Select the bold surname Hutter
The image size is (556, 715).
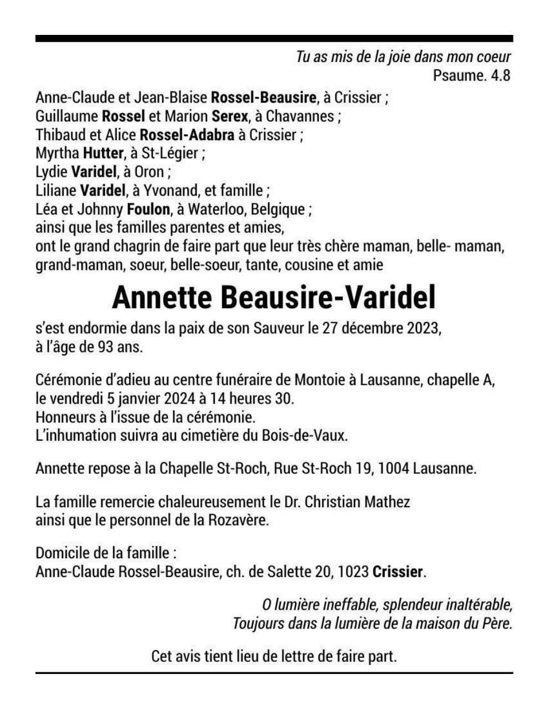click(103, 153)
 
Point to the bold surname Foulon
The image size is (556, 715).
click(148, 209)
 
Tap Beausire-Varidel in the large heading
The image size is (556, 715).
click(328, 297)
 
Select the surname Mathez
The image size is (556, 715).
click(387, 502)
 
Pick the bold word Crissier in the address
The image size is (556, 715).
click(398, 571)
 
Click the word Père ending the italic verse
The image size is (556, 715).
click(497, 623)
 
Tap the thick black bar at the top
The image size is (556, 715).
click(274, 39)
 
